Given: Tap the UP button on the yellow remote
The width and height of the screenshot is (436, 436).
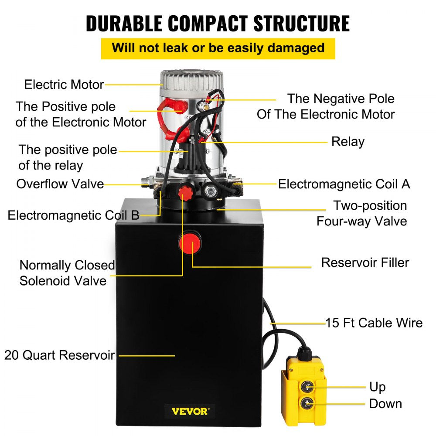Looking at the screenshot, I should [x=308, y=386].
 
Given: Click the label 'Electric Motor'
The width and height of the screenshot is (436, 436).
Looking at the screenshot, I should [x=64, y=84].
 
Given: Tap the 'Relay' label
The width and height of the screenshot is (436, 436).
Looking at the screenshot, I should [x=347, y=142].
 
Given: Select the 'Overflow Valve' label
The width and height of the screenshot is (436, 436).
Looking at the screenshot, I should [x=60, y=184].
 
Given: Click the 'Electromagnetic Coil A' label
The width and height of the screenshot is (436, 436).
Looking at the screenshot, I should [x=344, y=184].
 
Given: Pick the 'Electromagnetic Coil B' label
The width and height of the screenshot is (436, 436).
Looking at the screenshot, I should [x=73, y=215].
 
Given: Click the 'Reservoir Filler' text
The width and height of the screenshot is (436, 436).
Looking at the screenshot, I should [x=365, y=262].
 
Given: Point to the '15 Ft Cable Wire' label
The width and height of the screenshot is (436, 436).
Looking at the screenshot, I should [x=374, y=323].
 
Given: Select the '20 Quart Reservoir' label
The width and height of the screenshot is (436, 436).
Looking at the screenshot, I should [x=60, y=355].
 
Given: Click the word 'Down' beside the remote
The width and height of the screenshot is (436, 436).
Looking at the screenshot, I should [x=385, y=403].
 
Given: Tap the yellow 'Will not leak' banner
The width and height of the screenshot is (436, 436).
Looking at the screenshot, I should [x=218, y=48].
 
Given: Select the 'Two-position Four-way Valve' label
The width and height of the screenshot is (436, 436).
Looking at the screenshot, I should [x=362, y=213].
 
